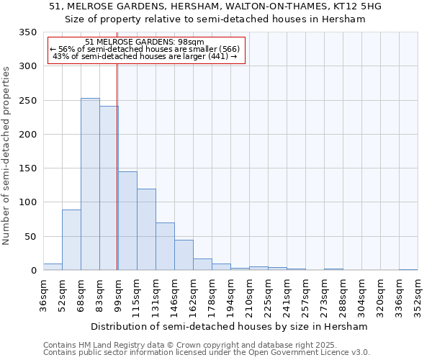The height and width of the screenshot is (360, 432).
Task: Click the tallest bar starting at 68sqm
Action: (90, 184)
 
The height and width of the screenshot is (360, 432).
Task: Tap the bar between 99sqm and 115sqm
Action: (127, 221)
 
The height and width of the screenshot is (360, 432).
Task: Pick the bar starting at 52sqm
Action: (71, 240)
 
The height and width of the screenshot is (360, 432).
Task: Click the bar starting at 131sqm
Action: (165, 247)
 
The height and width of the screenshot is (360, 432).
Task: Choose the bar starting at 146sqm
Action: (184, 256)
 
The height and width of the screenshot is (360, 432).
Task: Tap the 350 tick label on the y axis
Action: (27, 32)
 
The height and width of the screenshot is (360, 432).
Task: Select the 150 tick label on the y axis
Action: (27, 168)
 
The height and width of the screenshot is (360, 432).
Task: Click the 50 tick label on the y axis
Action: (30, 236)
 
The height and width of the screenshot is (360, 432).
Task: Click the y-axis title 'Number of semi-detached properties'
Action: (7, 155)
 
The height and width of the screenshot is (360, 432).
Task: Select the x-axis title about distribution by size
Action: (230, 326)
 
